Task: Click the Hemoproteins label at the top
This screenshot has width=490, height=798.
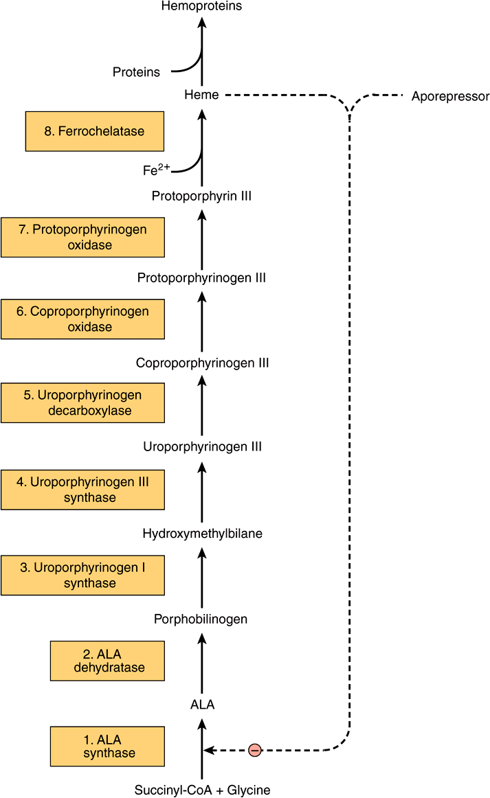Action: tap(201, 6)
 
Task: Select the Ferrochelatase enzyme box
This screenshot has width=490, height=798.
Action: tap(94, 131)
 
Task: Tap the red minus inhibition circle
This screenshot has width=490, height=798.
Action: tap(254, 751)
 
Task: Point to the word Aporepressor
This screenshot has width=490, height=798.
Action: tap(450, 96)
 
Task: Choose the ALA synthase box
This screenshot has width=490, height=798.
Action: tap(107, 746)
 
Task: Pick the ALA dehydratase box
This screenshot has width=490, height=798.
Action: tap(107, 661)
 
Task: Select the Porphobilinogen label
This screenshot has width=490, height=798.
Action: tap(201, 619)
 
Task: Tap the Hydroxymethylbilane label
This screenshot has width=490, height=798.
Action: tap(202, 533)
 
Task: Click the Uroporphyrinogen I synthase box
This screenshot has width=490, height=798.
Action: tap(82, 575)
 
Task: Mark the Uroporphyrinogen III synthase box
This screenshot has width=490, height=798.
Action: tap(82, 490)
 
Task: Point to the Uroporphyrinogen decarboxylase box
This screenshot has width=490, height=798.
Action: tap(82, 403)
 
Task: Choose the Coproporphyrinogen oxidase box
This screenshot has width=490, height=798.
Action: tap(82, 319)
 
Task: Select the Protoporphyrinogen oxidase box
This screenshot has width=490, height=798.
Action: tap(82, 237)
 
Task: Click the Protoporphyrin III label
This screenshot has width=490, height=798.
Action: tap(201, 196)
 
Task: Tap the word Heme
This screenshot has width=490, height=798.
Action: tap(201, 95)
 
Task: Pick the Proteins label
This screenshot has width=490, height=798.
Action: tap(136, 72)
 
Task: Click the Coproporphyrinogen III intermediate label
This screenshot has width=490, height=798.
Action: tap(202, 363)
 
